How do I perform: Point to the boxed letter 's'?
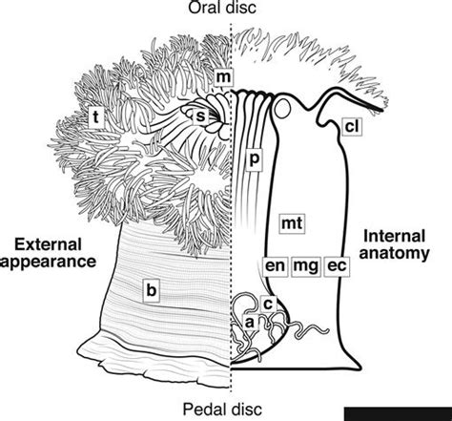[202, 116]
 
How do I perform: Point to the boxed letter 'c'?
[268, 304]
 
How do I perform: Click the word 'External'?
[47, 239]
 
